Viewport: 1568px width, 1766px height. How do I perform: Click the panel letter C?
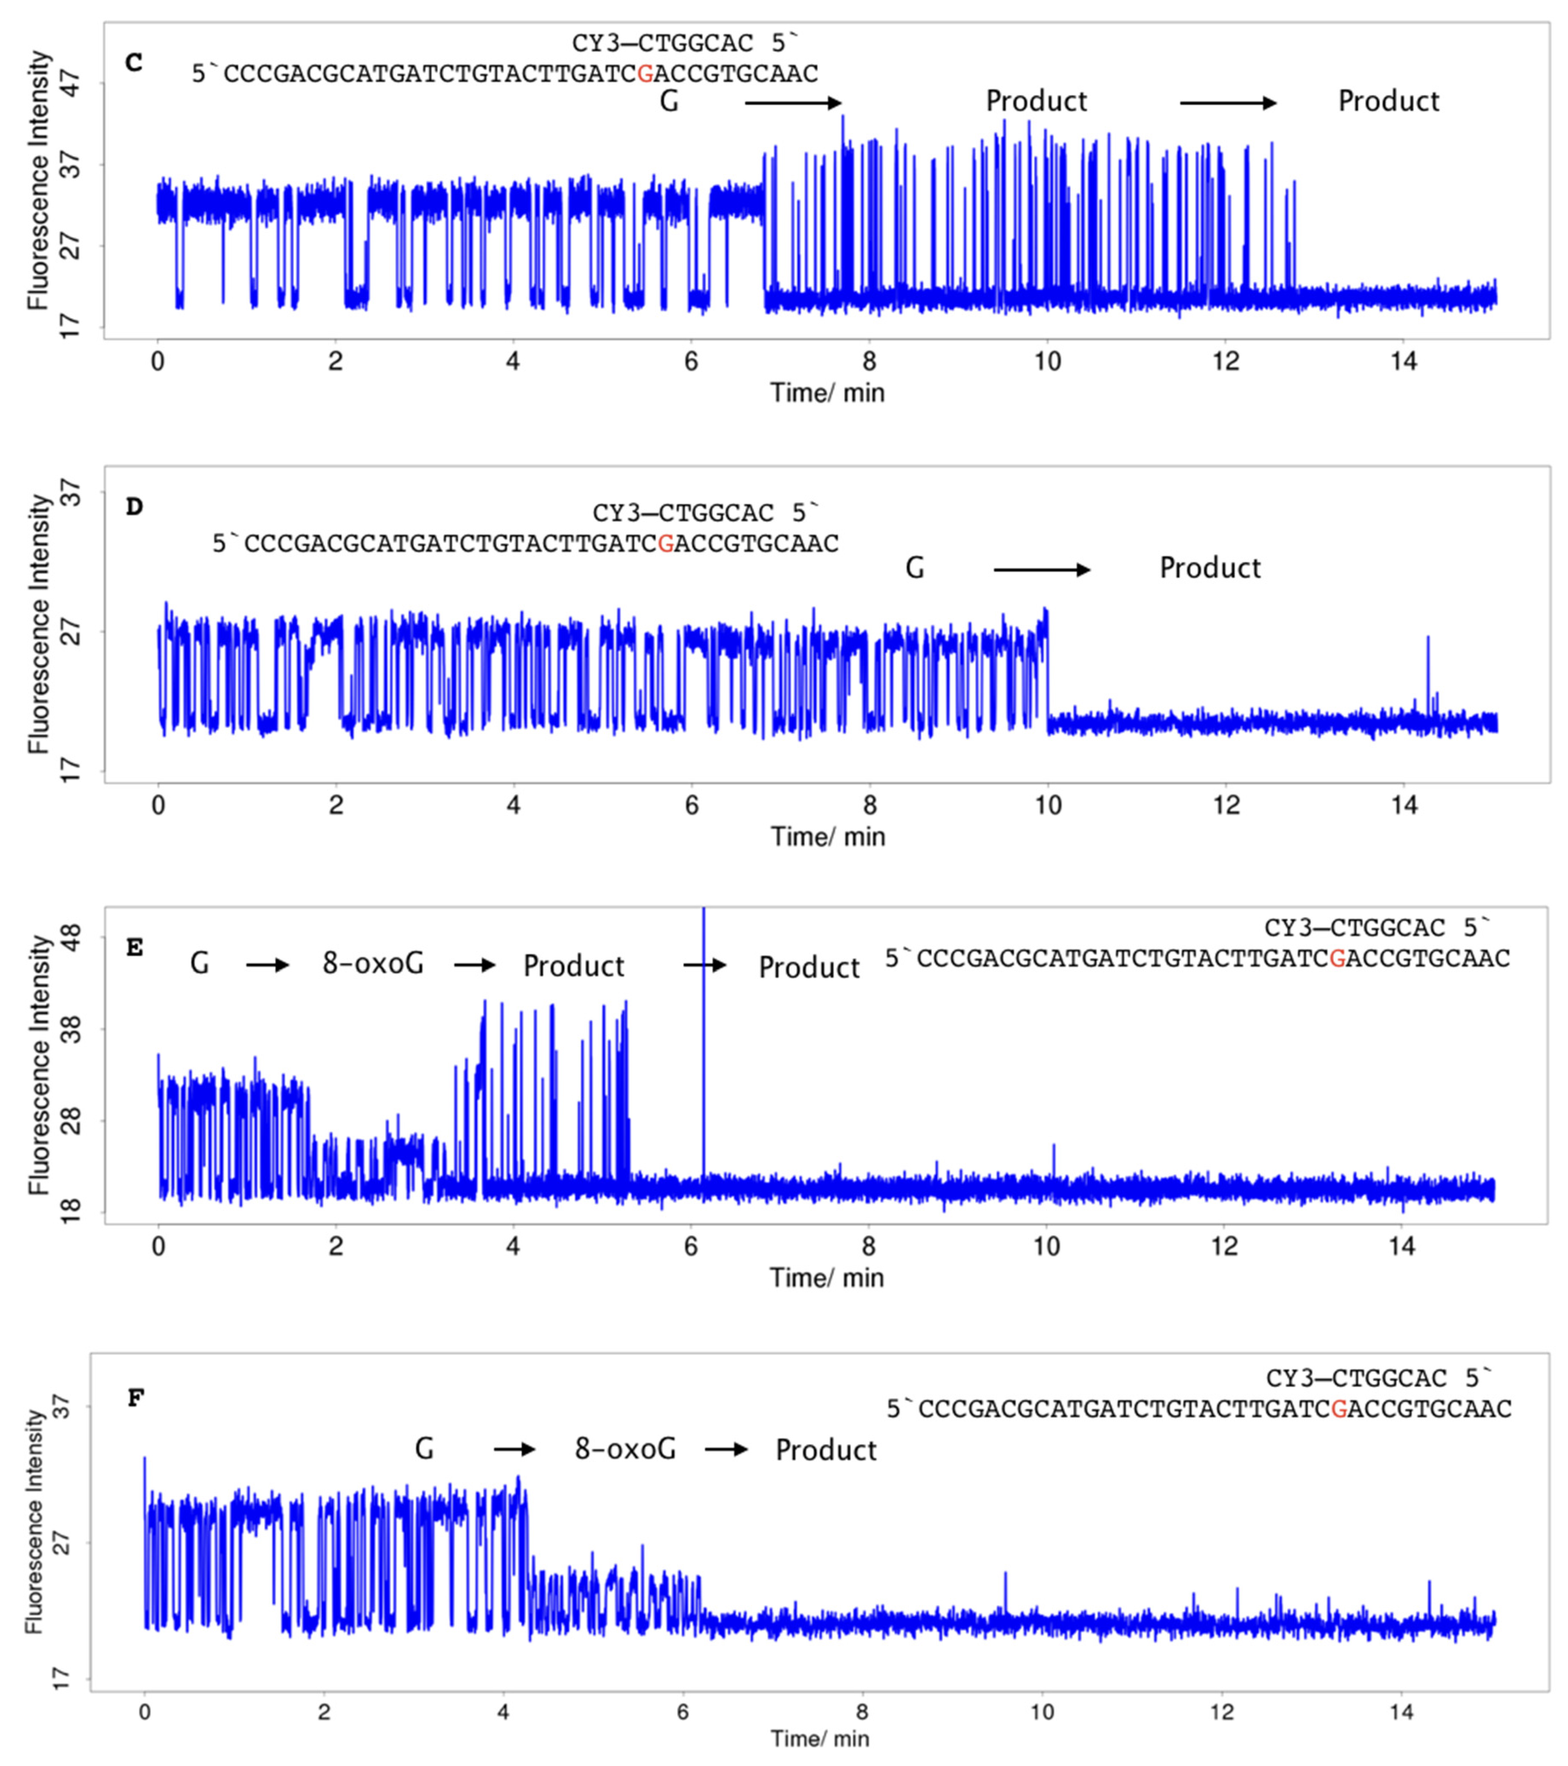coord(134,63)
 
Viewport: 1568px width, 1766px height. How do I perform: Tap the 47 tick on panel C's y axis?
coord(71,84)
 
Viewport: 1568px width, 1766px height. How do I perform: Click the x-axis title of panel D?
coord(827,836)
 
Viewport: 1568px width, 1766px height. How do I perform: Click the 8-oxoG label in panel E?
coord(373,964)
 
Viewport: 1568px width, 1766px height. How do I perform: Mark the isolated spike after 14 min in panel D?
coord(1428,665)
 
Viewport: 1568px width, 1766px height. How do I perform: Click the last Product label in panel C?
coord(1388,101)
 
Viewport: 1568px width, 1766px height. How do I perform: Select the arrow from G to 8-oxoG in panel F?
coord(515,1449)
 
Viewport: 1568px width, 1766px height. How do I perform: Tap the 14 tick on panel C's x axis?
coord(1404,361)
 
